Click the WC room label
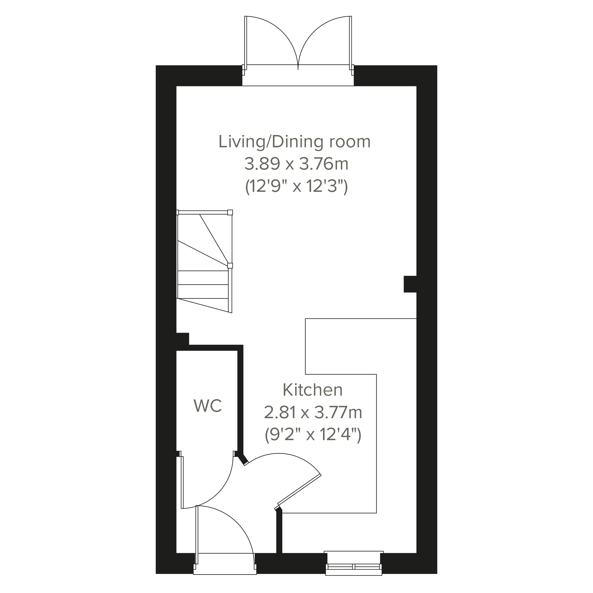tap(208, 406)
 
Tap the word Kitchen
tap(312, 390)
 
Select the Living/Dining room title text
tap(294, 142)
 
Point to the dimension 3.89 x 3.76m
tap(296, 164)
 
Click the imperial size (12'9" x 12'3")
tap(296, 186)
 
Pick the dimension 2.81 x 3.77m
tap(313, 413)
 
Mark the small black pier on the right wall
tap(410, 284)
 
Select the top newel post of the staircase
tap(230, 212)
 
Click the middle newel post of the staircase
tap(230, 266)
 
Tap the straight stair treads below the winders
tap(203, 285)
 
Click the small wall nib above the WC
tap(183, 339)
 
